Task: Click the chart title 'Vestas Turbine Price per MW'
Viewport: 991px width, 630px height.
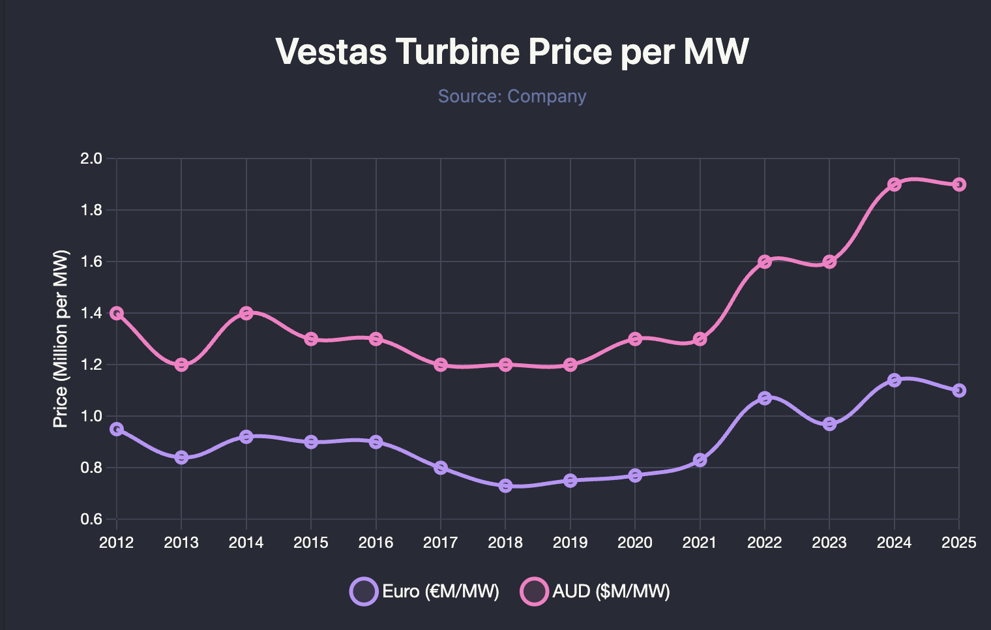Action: (x=512, y=52)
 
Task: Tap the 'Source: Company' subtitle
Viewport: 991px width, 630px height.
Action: (x=512, y=96)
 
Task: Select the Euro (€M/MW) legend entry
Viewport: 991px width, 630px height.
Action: (x=425, y=592)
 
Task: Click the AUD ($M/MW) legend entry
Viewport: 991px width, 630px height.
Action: (x=595, y=592)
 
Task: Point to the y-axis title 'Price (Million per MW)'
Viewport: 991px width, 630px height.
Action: (x=61, y=338)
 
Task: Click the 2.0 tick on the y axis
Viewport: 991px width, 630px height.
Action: (x=92, y=158)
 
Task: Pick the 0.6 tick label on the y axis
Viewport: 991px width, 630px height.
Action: (x=92, y=519)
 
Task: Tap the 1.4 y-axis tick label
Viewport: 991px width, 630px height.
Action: (x=92, y=313)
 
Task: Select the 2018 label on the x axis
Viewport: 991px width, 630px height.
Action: (x=505, y=543)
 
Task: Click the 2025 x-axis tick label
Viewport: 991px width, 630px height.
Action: (x=959, y=543)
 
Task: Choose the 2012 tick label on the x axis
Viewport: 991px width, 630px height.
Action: (x=117, y=543)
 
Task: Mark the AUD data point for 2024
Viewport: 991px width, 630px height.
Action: (x=895, y=185)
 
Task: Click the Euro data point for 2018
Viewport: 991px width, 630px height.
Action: (x=505, y=486)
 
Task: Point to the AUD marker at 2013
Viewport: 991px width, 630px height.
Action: (x=181, y=365)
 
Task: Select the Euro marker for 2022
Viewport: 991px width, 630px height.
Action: (x=765, y=398)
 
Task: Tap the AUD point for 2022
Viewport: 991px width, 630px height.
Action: (x=765, y=262)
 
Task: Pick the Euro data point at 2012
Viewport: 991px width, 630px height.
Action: (x=117, y=429)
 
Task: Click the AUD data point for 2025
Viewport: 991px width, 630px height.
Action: (x=959, y=185)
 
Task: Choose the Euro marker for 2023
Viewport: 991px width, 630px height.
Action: (x=829, y=424)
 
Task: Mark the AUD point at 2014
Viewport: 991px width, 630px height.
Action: (x=246, y=313)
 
